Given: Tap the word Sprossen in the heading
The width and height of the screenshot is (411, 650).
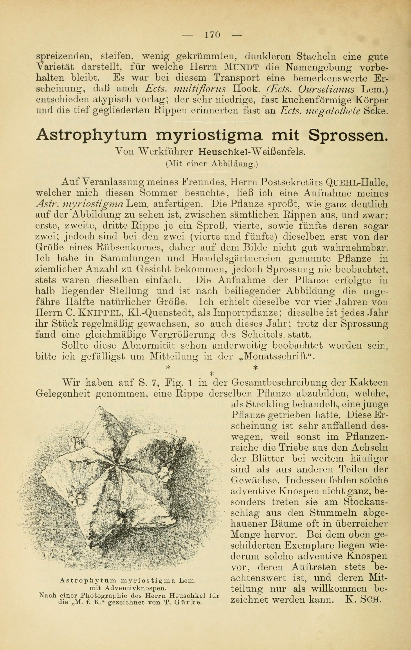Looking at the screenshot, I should (x=348, y=135).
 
